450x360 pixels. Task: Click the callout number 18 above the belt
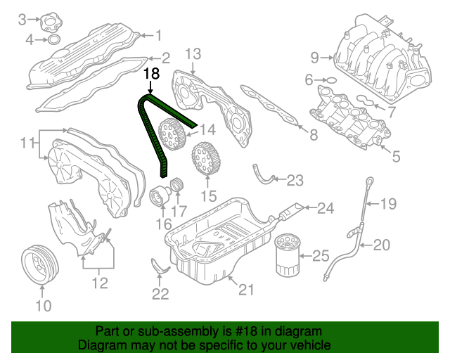[151, 74]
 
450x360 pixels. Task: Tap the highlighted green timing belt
[149, 135]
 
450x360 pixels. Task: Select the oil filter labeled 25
[288, 255]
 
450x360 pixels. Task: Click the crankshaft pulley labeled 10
[40, 265]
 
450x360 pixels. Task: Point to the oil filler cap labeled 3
[51, 22]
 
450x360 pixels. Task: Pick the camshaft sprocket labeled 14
[172, 134]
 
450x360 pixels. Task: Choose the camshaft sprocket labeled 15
[206, 159]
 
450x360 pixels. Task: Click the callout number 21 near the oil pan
[246, 290]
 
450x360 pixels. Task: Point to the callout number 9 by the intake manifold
[315, 58]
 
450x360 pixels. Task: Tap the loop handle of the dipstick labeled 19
[371, 181]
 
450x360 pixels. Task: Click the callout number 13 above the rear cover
[193, 54]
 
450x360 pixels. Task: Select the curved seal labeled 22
[160, 267]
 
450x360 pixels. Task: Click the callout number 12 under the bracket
[100, 283]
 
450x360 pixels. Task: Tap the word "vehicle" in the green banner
[311, 345]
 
